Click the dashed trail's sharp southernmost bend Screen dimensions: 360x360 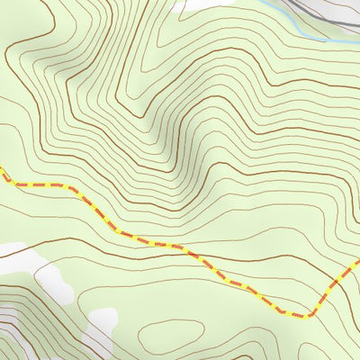pyautogui.click(x=306, y=316)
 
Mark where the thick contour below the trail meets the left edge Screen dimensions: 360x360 pyautogui.click(x=1, y=256)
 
